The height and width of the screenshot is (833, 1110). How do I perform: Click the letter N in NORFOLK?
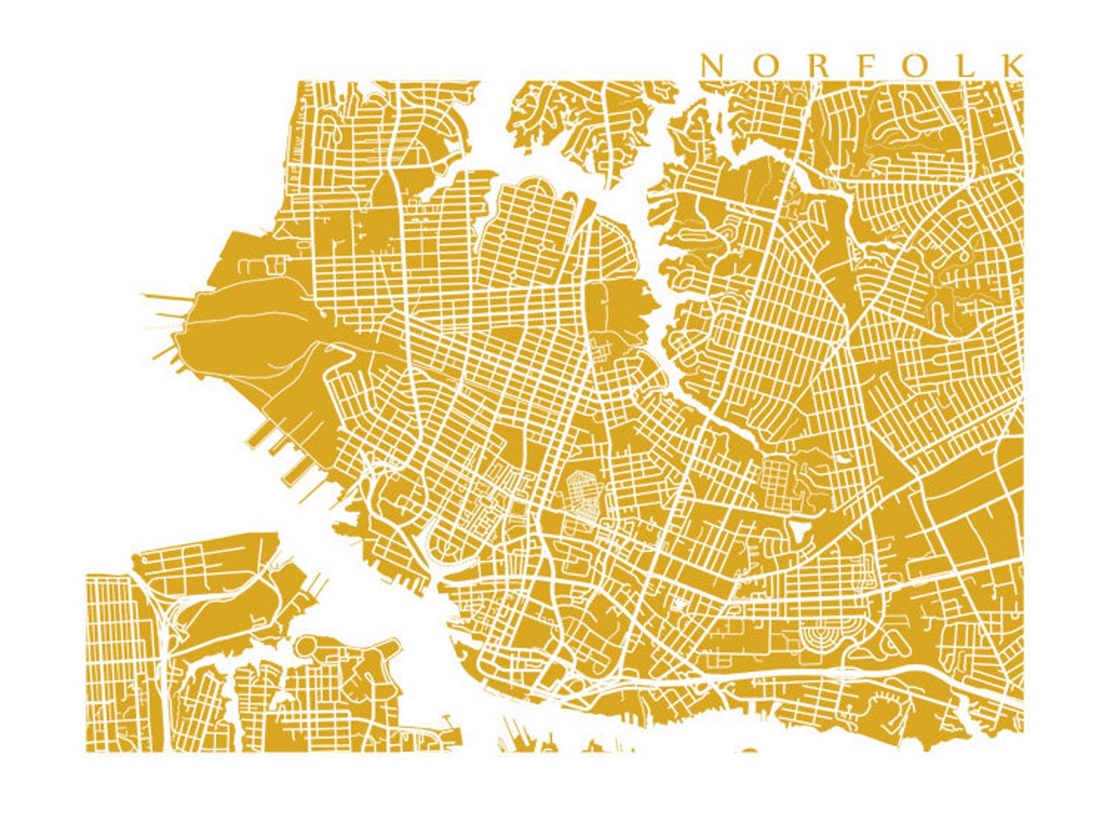(712, 66)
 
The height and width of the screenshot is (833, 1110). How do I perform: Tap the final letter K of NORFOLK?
(1013, 66)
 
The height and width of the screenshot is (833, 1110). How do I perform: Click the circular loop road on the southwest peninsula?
(307, 646)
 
